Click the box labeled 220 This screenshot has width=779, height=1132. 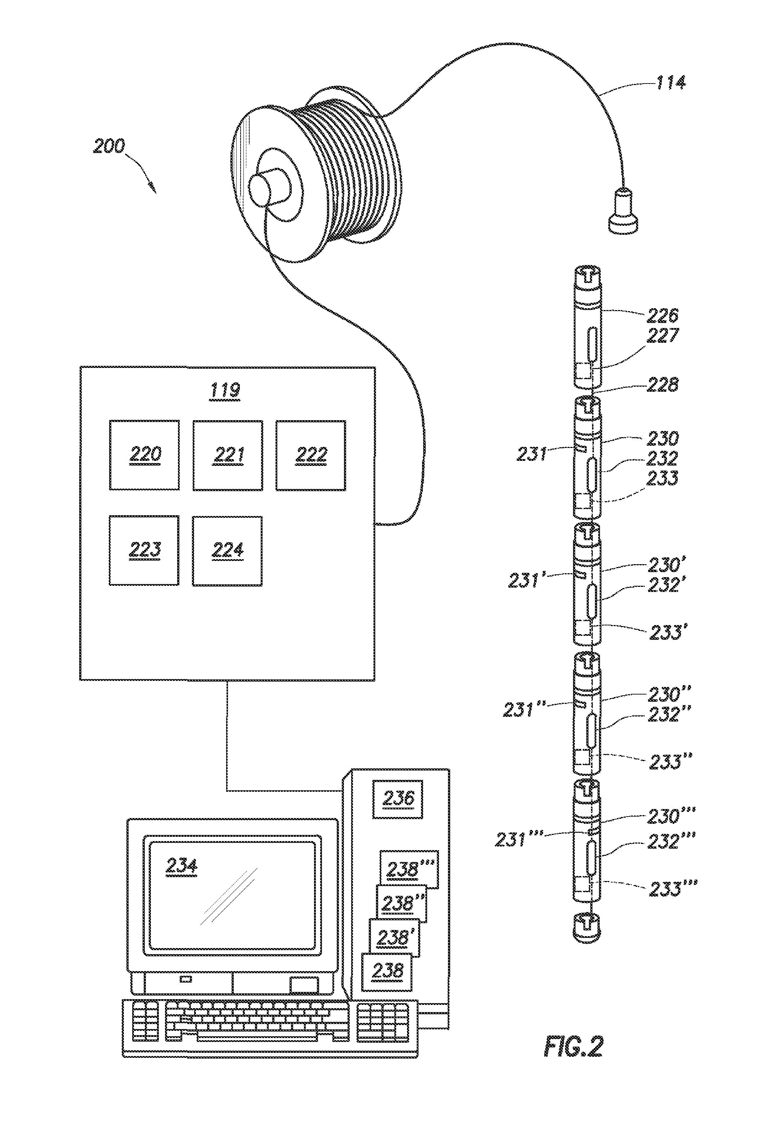pyautogui.click(x=144, y=455)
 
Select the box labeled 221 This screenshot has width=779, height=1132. pyautogui.click(x=228, y=455)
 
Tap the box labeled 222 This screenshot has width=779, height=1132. pyautogui.click(x=310, y=455)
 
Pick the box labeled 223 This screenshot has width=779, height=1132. pyautogui.click(x=144, y=551)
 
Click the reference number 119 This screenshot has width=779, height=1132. pyautogui.click(x=225, y=390)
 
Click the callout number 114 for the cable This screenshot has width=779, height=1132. pyautogui.click(x=671, y=83)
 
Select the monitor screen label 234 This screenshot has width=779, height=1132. pyautogui.click(x=182, y=866)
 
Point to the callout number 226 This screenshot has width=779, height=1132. pyautogui.click(x=662, y=316)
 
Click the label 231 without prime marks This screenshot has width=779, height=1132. pyautogui.click(x=532, y=454)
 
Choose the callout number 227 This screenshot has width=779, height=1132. pyautogui.click(x=662, y=335)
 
